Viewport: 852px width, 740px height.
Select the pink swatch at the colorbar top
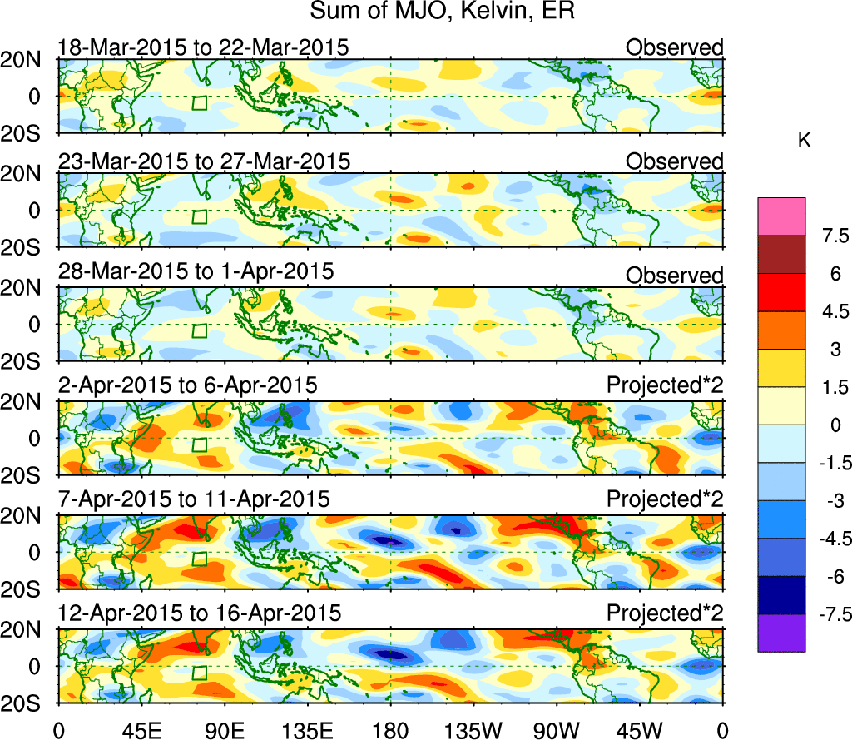[x=781, y=216]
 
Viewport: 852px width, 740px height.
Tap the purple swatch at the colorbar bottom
[x=781, y=633]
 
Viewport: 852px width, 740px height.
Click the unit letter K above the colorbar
[x=804, y=142]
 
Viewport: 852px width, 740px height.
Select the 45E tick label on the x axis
[x=141, y=730]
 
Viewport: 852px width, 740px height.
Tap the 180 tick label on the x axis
[x=390, y=730]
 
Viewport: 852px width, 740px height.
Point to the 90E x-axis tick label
[x=224, y=730]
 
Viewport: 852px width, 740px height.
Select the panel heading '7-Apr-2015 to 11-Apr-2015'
[x=194, y=499]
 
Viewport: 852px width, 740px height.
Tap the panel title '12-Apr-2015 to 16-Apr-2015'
[x=200, y=613]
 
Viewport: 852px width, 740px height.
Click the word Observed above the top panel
[x=675, y=47]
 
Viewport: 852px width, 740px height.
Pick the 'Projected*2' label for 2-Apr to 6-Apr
[x=665, y=386]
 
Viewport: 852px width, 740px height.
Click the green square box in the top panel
[x=200, y=103]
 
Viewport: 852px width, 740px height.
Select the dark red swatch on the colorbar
[x=781, y=255]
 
